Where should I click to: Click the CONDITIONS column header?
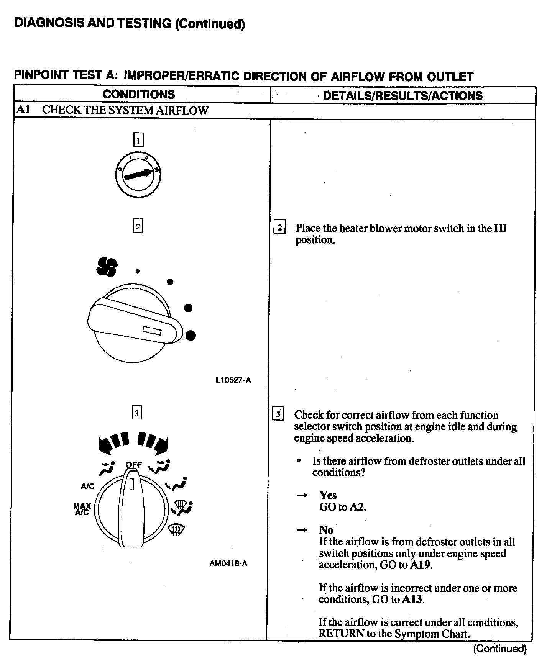coord(139,95)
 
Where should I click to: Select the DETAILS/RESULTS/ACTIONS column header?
coord(402,95)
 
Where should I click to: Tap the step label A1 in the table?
coord(23,110)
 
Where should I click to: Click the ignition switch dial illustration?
coord(138,175)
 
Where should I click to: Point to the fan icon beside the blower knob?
coord(107,266)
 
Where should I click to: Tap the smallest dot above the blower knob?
coord(137,271)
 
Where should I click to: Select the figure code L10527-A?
coord(233,380)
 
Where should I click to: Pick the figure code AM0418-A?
coord(228,563)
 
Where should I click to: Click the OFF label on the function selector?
coord(134,465)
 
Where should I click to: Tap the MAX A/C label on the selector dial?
coord(82,509)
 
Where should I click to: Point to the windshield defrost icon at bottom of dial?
coord(177,531)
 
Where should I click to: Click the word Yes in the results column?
coord(328,495)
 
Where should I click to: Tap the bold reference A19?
coord(421,565)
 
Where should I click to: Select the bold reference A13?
coord(412,599)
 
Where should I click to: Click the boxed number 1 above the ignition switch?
coord(138,139)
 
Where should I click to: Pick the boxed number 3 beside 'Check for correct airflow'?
coord(278,414)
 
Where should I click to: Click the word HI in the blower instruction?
coord(500,228)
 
